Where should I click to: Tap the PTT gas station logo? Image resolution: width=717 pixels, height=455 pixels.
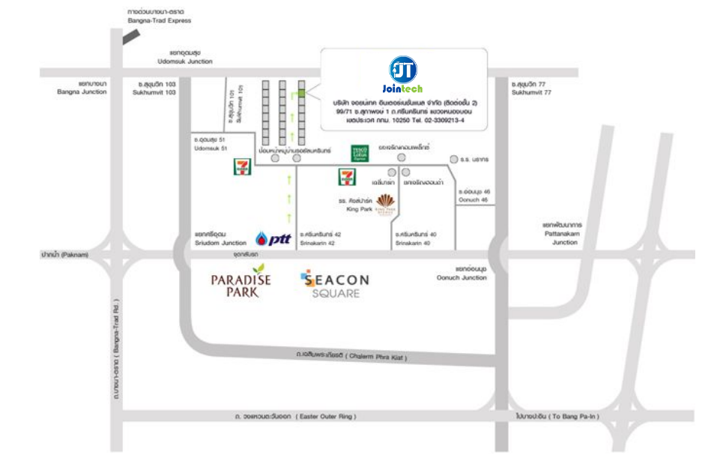click(x=273, y=239)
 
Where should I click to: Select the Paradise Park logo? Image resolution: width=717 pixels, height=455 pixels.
click(x=240, y=282)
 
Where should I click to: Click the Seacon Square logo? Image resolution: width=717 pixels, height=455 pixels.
click(x=334, y=284)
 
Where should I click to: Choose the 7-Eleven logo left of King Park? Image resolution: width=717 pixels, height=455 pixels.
click(x=347, y=177)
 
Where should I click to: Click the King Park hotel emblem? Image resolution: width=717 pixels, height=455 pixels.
click(x=387, y=202)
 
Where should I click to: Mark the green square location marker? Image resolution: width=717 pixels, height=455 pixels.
click(x=301, y=94)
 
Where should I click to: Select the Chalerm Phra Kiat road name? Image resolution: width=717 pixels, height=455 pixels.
click(x=352, y=358)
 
